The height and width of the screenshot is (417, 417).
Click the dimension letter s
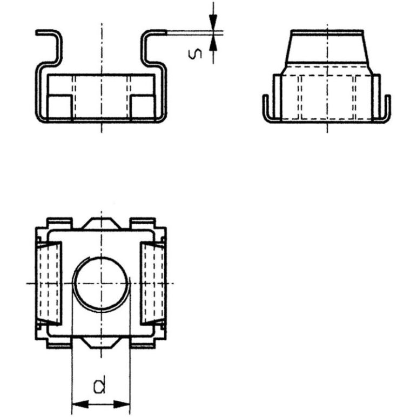click(195, 54)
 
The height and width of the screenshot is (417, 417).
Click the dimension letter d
click(99, 385)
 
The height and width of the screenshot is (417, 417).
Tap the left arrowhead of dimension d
click(80, 405)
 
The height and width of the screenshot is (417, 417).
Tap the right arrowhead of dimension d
click(122, 405)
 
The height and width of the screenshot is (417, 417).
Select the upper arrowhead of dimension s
click(213, 21)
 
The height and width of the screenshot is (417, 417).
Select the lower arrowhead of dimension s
click(213, 44)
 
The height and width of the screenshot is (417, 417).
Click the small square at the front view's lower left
click(59, 106)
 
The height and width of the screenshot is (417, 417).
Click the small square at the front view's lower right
click(143, 106)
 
